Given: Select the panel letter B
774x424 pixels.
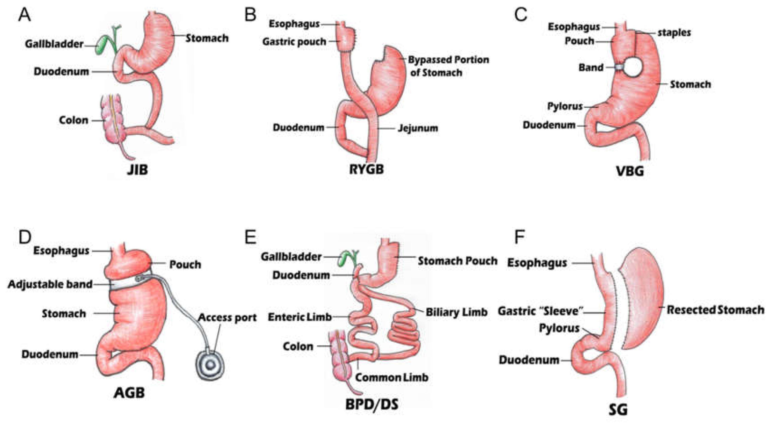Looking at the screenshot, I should click(x=250, y=15).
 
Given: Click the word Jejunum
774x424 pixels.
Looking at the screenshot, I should click(x=418, y=128).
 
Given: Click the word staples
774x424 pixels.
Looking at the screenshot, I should click(x=674, y=33).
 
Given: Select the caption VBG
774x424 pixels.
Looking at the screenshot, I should click(x=630, y=171).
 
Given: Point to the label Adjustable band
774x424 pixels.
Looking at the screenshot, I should click(x=50, y=284).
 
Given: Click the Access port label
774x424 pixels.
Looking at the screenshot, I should click(x=227, y=318).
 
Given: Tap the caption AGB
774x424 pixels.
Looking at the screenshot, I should click(x=129, y=392).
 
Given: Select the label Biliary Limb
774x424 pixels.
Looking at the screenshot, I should click(x=456, y=313).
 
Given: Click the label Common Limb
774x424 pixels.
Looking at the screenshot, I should click(x=392, y=377).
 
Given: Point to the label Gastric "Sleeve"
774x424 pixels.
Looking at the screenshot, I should click(x=540, y=311).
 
